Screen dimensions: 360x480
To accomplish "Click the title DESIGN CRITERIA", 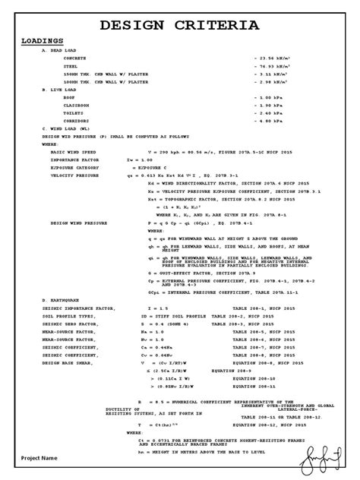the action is (x=180, y=26).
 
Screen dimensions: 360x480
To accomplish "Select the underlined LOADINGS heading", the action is (x=43, y=41).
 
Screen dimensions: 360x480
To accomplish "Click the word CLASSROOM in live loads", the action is (x=77, y=106).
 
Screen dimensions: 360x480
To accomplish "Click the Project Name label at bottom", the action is (x=39, y=459).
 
